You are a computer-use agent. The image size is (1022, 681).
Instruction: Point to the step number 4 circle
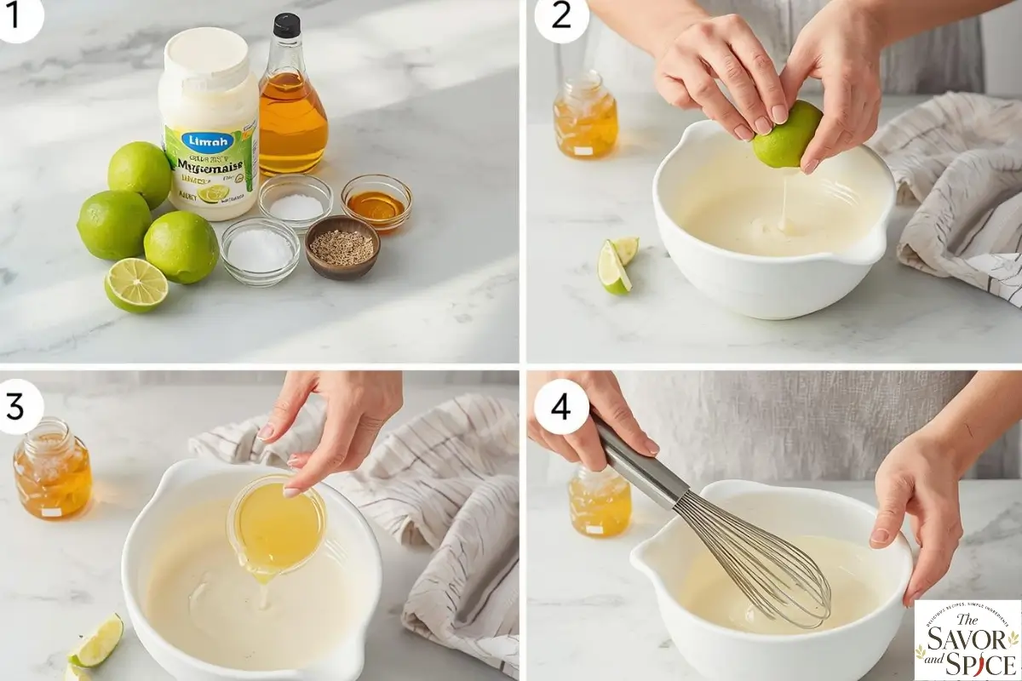pos(560,406)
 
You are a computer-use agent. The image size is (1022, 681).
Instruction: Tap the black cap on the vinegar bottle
pos(286,26)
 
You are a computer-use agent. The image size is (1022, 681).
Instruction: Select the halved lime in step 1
pos(136,285)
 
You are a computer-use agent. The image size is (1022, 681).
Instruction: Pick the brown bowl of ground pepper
pos(342,248)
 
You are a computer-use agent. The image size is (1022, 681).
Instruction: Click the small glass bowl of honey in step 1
pos(376,203)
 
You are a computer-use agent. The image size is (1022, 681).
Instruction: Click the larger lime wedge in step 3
pos(96,641)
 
